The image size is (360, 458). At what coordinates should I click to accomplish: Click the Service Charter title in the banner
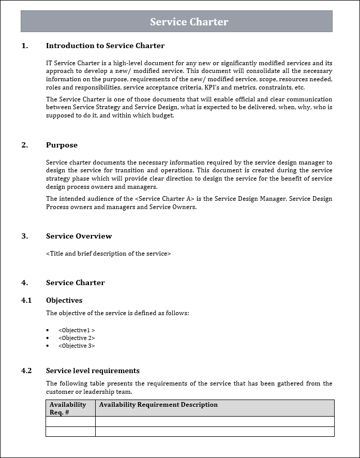189,22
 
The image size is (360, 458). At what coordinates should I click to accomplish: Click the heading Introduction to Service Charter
105,46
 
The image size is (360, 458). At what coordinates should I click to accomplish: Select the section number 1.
25,46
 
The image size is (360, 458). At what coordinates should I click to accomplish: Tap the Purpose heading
62,145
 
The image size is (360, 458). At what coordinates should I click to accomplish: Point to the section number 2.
25,145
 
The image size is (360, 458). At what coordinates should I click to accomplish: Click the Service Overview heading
79,236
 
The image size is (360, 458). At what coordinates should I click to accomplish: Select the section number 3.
25,236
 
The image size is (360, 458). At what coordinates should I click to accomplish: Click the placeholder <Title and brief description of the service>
108,254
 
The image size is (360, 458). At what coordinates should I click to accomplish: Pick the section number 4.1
26,300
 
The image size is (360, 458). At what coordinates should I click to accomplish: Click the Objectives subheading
64,300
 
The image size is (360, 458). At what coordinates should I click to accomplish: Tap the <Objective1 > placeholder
77,330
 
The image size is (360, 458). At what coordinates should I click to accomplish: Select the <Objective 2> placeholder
77,338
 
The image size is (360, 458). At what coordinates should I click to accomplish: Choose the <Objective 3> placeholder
77,346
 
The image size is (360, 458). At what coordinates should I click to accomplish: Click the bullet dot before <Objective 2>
48,338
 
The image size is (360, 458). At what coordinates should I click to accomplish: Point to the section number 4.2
26,371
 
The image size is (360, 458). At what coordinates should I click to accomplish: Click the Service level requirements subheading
93,371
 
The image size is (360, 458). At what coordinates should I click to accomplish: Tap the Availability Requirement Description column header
158,405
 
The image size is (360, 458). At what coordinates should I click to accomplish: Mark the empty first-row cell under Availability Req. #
70,421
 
